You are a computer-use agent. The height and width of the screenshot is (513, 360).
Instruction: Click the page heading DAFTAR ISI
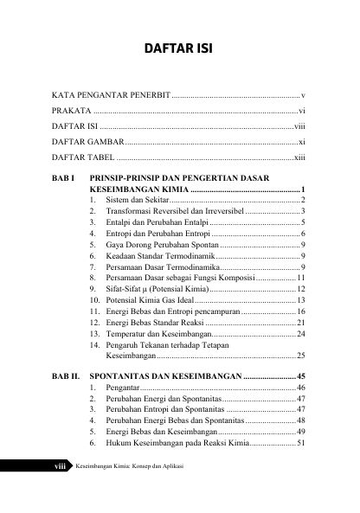pyautogui.click(x=179, y=46)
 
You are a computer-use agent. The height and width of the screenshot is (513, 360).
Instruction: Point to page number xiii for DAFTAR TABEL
pyautogui.click(x=299, y=158)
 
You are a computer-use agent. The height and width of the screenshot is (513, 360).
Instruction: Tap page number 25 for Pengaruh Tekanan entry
pyautogui.click(x=299, y=356)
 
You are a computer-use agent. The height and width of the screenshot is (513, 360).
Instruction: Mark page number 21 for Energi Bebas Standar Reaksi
pyautogui.click(x=299, y=323)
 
